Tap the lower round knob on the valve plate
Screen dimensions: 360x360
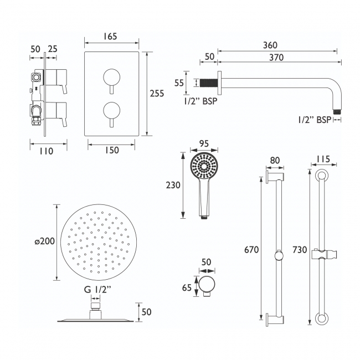coord(111,108)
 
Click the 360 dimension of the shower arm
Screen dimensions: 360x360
coord(271,45)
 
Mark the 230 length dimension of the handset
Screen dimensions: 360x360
coord(173,186)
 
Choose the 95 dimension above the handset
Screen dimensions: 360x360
coord(204,143)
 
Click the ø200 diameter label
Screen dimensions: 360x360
coord(44,241)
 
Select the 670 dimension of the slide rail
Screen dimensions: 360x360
coord(252,250)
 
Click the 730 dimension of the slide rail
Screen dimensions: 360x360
coord(300,250)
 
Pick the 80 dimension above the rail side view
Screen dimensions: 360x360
coord(274,161)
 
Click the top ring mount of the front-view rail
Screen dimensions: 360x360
coord(321,177)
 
